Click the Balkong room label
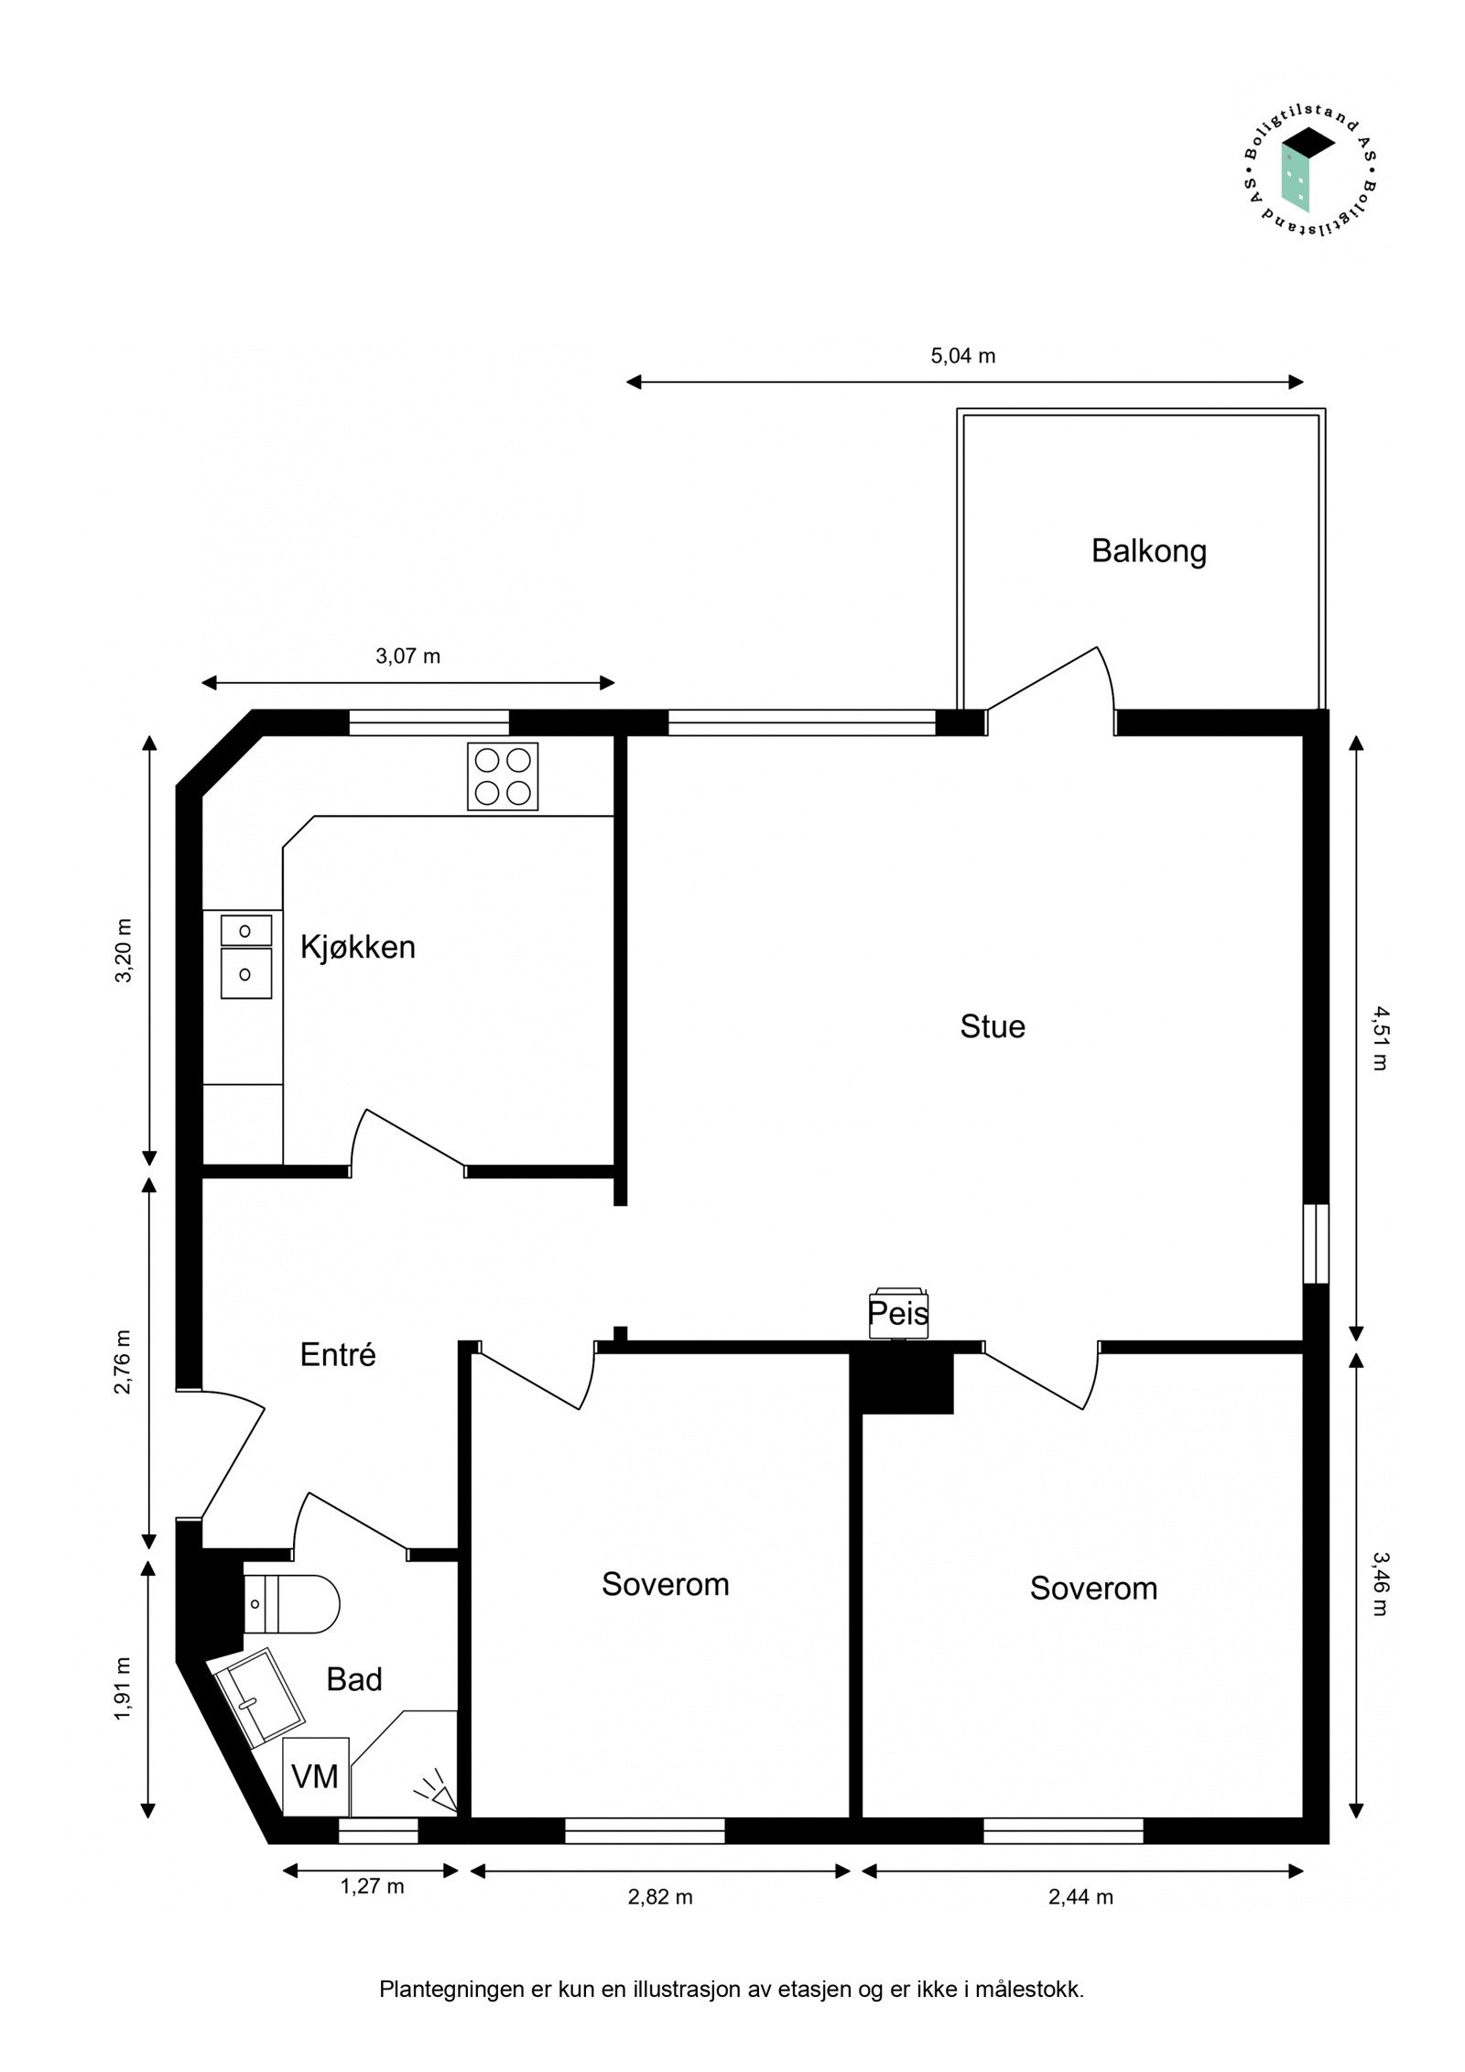(1148, 551)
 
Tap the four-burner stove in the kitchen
(503, 776)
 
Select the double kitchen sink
(246, 956)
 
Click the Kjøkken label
(358, 947)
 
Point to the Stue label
(992, 1026)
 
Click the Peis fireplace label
(898, 1314)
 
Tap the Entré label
(338, 1355)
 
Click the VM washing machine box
(315, 1777)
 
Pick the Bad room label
(354, 1679)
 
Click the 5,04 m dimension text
(962, 356)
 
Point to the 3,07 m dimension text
(407, 656)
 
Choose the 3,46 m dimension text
(1380, 1583)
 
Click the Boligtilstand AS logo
(1308, 179)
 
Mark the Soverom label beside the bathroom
(665, 1584)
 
